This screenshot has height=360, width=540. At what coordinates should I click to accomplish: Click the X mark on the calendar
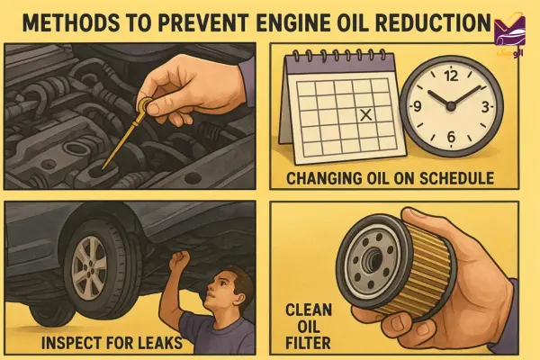365,114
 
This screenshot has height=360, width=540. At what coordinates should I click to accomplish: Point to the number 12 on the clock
451,76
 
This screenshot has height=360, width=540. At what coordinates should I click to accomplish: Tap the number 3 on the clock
485,107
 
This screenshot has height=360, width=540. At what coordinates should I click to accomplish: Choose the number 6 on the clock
451,137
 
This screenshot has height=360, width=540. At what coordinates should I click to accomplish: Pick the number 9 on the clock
417,107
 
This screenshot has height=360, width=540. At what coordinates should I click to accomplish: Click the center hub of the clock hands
450,106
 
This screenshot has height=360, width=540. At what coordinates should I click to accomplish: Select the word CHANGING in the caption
323,178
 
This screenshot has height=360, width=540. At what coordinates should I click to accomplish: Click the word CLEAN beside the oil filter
309,310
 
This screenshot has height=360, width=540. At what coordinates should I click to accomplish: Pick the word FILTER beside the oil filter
308,343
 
